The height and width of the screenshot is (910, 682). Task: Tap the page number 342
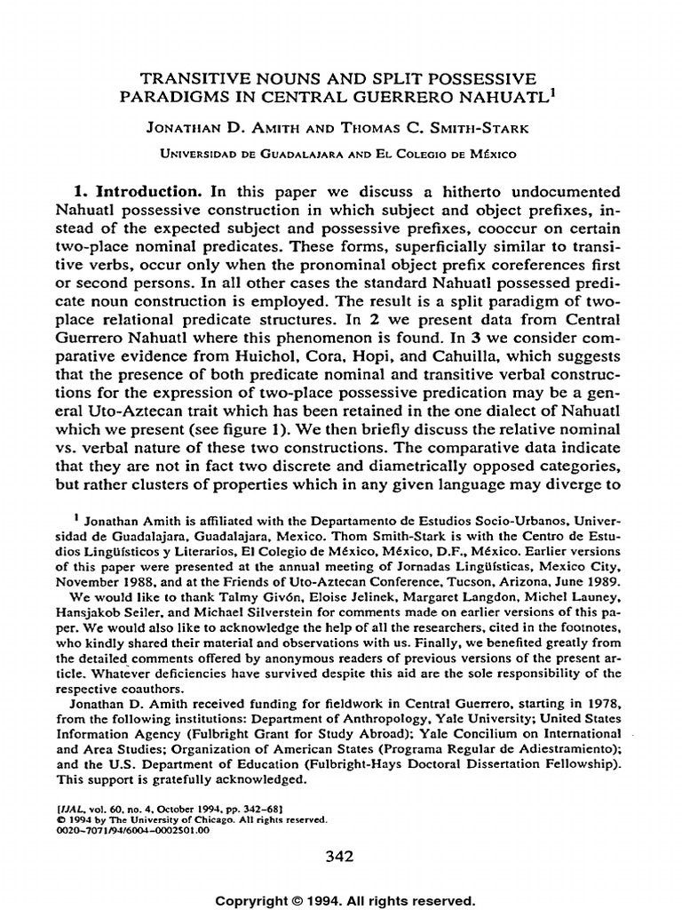coord(340,857)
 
